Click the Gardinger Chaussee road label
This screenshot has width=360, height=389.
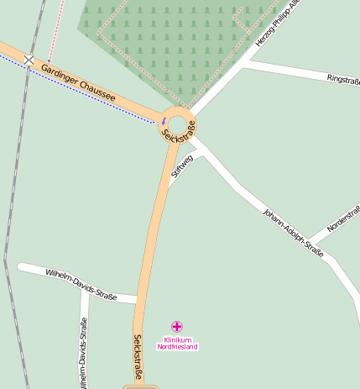[x=78, y=85]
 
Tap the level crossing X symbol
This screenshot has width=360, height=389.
[x=29, y=60]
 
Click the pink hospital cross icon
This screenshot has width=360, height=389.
[x=177, y=326]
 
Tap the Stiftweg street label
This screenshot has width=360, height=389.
[x=181, y=165]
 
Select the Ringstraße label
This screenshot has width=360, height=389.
[x=343, y=80]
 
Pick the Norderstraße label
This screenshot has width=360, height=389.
[x=343, y=217]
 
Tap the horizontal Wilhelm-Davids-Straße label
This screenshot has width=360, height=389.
[x=81, y=284]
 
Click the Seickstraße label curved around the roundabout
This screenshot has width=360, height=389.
[x=180, y=131]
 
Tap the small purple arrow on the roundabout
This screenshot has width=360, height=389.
[x=163, y=122]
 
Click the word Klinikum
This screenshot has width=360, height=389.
[x=178, y=339]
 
